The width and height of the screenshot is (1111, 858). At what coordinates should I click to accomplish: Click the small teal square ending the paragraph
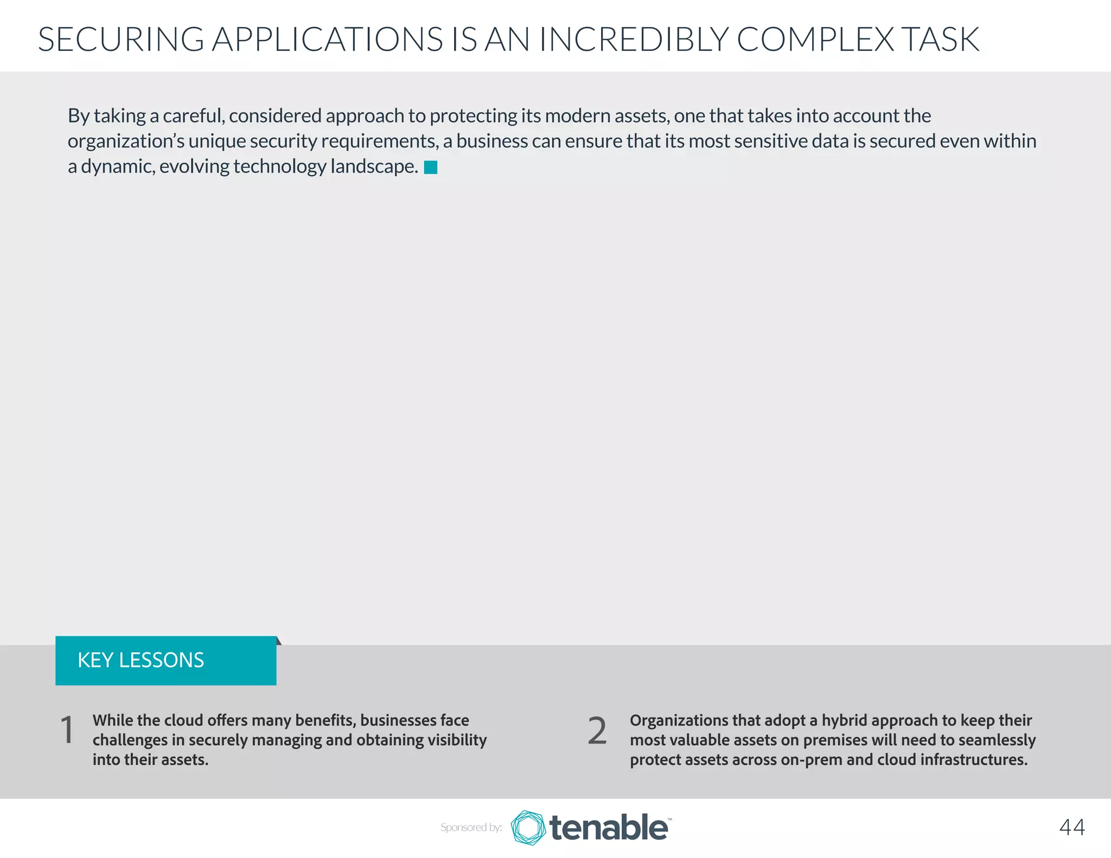(x=431, y=168)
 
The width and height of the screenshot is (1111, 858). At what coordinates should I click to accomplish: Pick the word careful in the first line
(x=193, y=116)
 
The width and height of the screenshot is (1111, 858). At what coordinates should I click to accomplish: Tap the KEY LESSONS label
(x=141, y=660)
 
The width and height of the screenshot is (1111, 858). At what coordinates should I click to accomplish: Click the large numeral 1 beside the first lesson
(x=67, y=730)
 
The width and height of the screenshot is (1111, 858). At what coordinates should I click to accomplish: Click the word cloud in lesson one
(x=183, y=720)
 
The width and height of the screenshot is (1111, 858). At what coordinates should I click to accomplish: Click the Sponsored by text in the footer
(x=471, y=827)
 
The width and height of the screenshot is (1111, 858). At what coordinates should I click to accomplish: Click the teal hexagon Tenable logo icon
(x=528, y=828)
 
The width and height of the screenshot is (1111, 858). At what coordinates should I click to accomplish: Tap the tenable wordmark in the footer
(x=609, y=828)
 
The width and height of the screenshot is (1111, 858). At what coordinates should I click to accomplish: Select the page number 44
(x=1072, y=827)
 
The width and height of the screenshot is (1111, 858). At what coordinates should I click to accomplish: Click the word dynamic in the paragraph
(x=116, y=166)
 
